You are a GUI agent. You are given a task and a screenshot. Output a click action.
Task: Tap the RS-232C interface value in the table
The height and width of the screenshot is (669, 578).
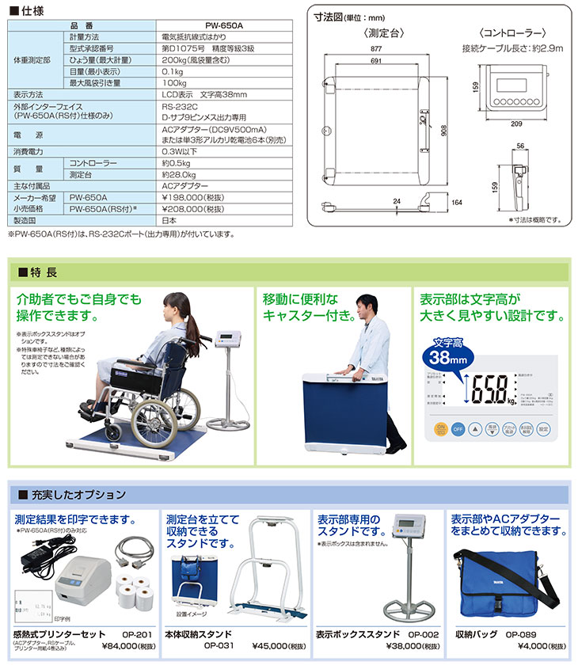pyautogui.click(x=175, y=105)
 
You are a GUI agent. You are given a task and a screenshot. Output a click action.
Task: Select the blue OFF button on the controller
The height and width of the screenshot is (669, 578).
pyautogui.click(x=457, y=428)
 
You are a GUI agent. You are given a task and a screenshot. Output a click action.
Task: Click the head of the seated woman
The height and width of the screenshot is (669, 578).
pyautogui.click(x=176, y=308)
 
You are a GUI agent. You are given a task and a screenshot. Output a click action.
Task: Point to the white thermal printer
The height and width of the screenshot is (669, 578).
pyautogui.click(x=84, y=586)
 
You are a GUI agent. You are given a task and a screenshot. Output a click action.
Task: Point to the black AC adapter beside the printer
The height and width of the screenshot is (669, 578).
pyautogui.click(x=37, y=555)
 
